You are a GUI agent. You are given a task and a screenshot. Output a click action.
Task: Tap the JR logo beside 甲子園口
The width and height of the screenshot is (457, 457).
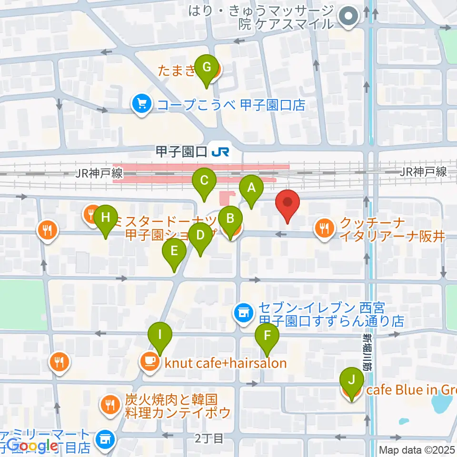click(221, 152)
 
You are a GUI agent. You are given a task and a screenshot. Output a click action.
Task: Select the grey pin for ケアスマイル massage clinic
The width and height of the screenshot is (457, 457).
click(349, 17)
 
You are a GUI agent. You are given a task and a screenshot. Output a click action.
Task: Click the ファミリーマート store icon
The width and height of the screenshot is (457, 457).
click(104, 439)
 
